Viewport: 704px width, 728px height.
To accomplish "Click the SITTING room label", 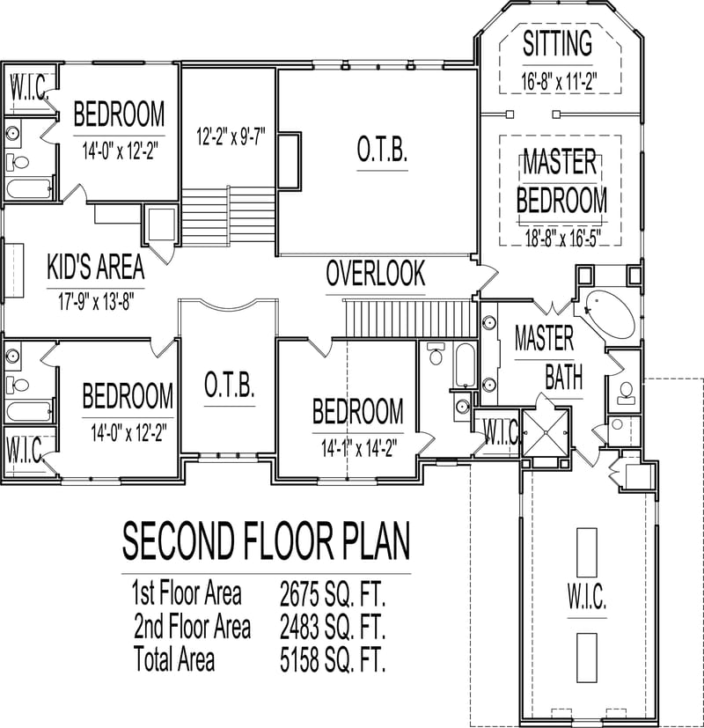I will [x=557, y=43].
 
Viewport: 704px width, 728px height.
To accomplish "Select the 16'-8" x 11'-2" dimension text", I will [x=559, y=82].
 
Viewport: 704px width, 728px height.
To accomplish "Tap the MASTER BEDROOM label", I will [x=561, y=181].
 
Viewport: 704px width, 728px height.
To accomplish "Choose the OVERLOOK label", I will [x=376, y=273].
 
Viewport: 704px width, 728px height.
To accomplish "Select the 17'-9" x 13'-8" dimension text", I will [x=91, y=300].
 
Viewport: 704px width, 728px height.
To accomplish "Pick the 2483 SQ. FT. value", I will [x=333, y=627].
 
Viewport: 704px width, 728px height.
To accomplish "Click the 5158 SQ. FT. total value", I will [x=333, y=658].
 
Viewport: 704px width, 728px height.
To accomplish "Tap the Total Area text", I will [x=173, y=658].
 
